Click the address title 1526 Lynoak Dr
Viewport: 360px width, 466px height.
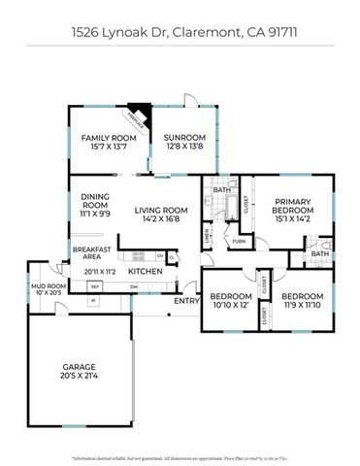(x=180, y=31)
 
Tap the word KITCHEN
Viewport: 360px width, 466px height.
(x=145, y=272)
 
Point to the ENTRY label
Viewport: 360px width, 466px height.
(x=186, y=300)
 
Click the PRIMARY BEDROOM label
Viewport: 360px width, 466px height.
(x=292, y=206)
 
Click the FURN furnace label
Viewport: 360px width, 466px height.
(x=238, y=241)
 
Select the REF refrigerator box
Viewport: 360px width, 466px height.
(x=95, y=286)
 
